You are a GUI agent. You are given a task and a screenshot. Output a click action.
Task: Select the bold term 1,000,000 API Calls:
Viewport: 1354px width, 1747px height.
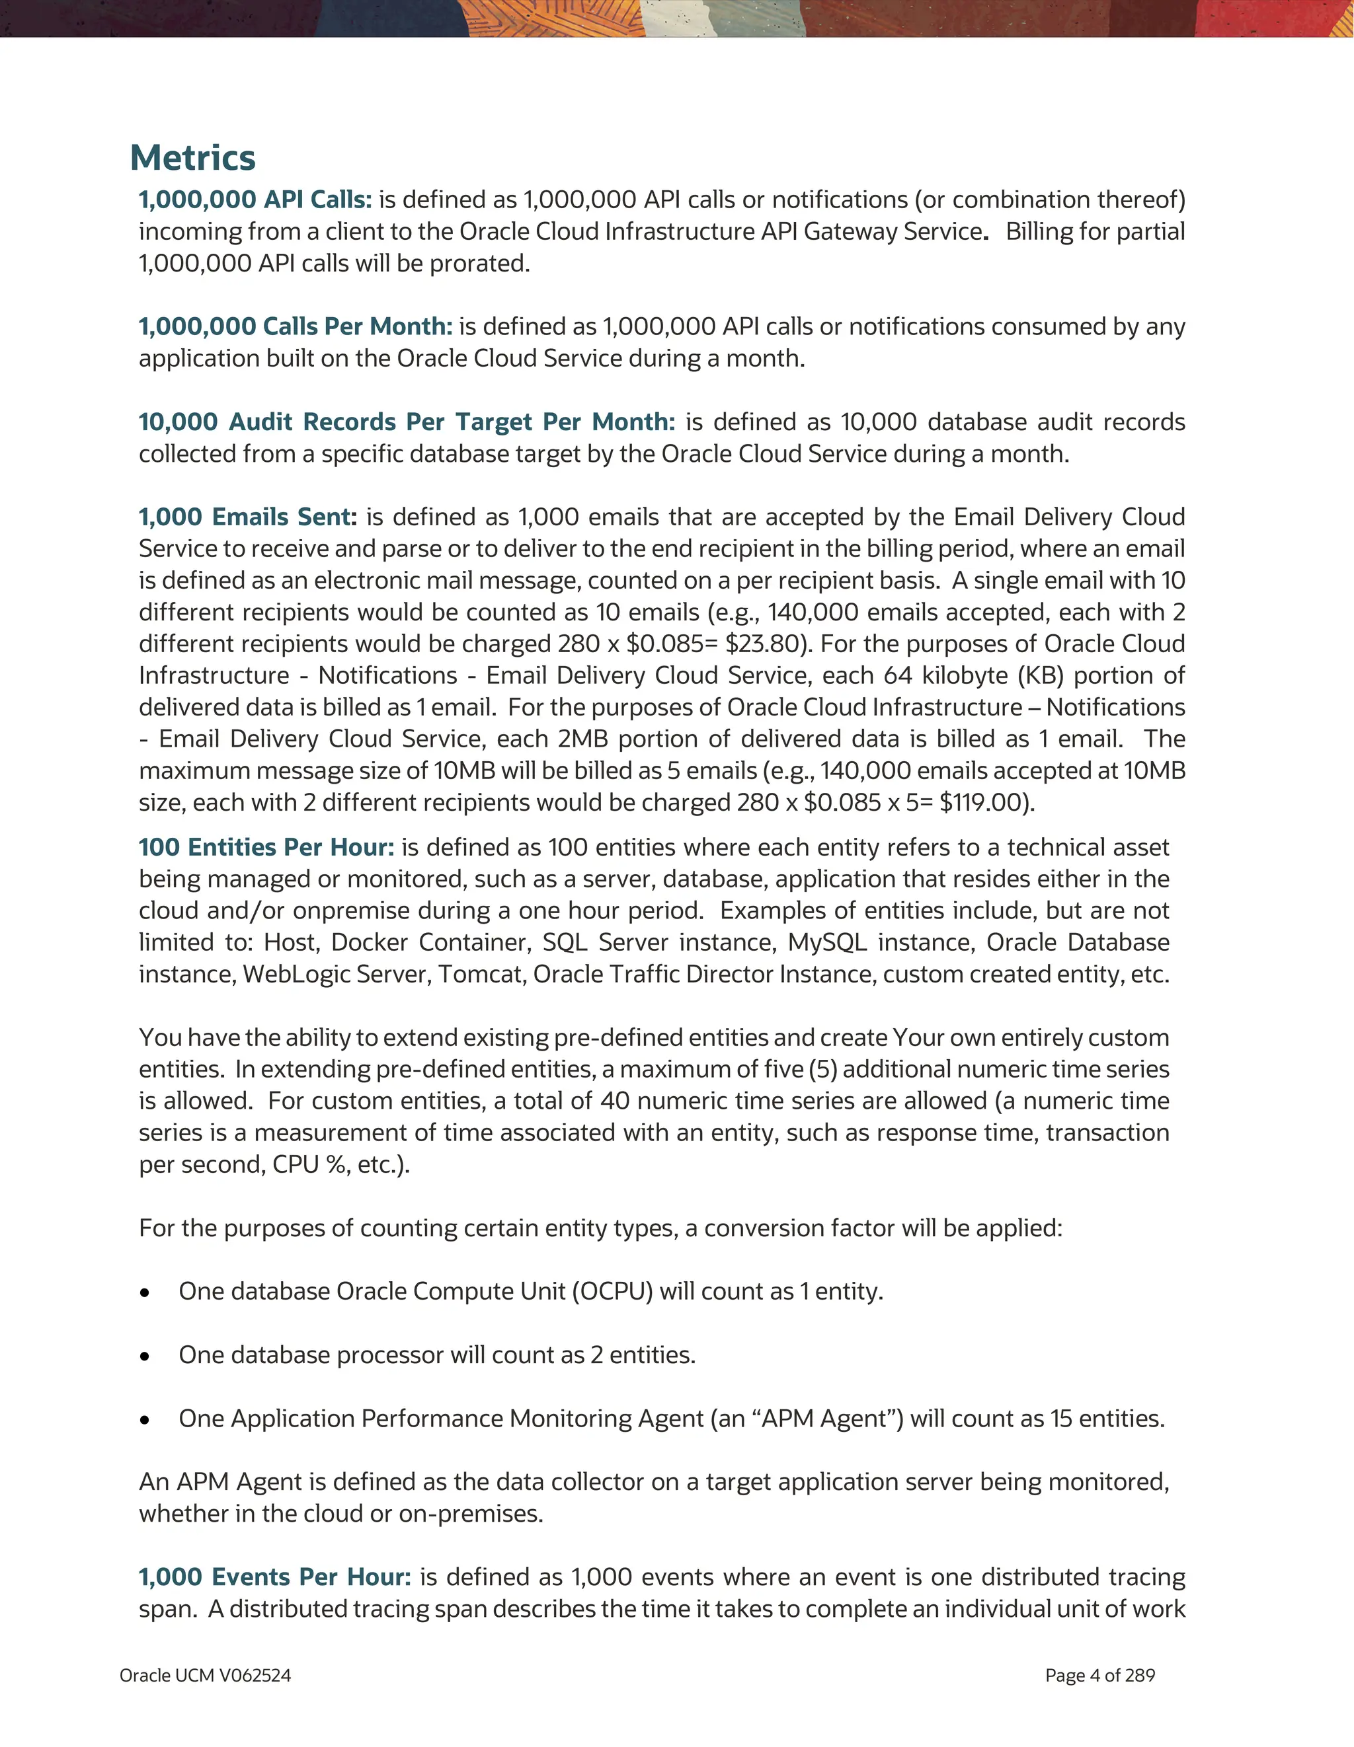(255, 199)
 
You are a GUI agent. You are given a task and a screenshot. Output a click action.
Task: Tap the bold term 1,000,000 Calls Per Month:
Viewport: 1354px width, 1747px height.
(296, 326)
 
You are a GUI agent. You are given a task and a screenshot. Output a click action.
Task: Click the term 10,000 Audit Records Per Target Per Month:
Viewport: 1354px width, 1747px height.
(407, 422)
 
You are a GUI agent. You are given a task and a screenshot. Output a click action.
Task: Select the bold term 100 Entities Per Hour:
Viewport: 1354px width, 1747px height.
(266, 847)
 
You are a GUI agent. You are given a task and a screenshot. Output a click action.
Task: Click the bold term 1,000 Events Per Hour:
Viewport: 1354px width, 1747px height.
(274, 1577)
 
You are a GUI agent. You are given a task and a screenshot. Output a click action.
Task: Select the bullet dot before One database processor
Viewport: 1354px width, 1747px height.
(144, 1356)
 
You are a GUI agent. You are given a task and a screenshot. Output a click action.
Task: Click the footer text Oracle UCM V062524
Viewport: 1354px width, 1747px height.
(205, 1676)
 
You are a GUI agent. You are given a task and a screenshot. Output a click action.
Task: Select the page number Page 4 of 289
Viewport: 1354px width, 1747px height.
(1099, 1676)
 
